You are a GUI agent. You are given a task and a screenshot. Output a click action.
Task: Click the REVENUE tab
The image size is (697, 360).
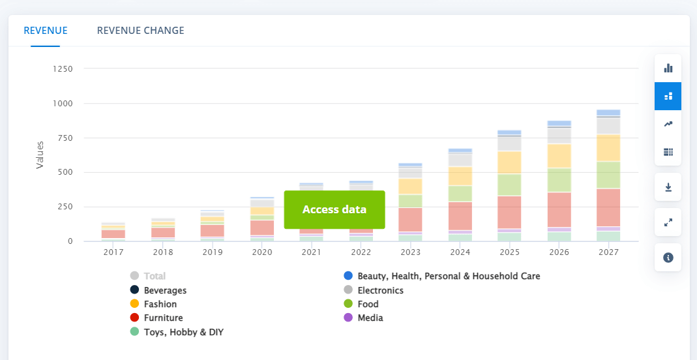click(46, 31)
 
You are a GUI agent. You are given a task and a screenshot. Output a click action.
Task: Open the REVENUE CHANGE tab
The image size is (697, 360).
click(140, 31)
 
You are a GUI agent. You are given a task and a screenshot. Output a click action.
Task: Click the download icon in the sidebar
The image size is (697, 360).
click(668, 187)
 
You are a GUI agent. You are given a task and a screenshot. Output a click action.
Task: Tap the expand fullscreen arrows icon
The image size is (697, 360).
click(668, 222)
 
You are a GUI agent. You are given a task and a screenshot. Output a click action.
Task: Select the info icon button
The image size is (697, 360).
click(668, 258)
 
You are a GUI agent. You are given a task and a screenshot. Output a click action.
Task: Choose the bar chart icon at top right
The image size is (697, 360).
click(668, 68)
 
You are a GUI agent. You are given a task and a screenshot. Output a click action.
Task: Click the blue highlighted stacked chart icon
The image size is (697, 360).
click(668, 96)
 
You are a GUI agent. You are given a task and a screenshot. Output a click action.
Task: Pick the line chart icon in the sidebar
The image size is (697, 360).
click(668, 124)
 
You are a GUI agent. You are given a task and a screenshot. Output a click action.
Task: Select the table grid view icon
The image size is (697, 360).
click(668, 152)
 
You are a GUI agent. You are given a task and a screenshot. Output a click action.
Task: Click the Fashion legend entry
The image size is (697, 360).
click(160, 304)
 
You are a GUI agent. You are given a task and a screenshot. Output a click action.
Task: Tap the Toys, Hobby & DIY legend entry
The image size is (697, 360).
click(183, 332)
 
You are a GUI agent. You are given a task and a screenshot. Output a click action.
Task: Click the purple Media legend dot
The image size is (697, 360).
click(348, 318)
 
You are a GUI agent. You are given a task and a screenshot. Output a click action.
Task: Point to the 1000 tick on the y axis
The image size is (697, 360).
click(63, 104)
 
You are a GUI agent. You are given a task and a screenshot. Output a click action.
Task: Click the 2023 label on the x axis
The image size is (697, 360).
click(410, 252)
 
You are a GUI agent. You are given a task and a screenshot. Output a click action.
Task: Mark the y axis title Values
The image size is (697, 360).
click(40, 155)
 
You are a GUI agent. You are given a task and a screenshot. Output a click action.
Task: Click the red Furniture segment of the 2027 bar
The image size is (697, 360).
click(608, 207)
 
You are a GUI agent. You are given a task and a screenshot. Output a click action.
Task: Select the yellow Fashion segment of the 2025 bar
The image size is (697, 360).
click(509, 162)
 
